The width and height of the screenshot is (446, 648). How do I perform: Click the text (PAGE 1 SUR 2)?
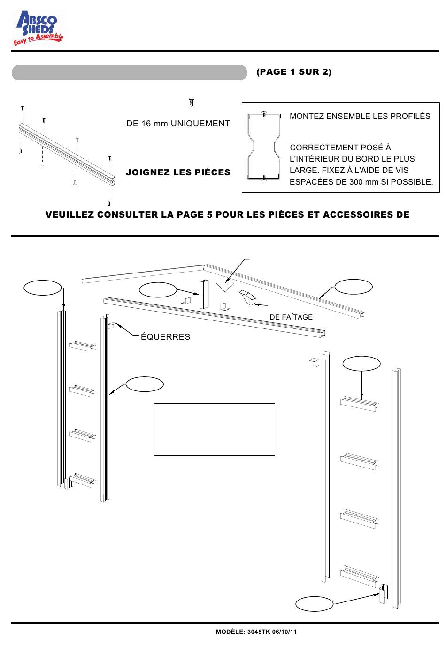[x=294, y=72]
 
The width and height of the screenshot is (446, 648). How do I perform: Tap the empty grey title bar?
[x=129, y=73]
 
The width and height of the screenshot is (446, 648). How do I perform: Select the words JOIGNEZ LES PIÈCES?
[x=178, y=172]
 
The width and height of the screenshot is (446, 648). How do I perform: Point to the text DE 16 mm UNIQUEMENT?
[x=178, y=124]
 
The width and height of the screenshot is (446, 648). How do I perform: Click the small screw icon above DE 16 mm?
[x=191, y=101]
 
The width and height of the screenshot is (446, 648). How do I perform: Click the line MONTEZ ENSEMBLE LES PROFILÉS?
[x=360, y=116]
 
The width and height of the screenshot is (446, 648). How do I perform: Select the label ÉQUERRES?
[x=165, y=337]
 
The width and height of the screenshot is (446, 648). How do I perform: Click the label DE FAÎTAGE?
[x=291, y=317]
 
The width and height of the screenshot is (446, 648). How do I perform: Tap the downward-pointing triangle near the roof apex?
[x=225, y=286]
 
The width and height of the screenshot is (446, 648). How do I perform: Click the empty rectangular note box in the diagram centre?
[x=214, y=429]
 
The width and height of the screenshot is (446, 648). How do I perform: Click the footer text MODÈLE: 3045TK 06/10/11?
[x=256, y=632]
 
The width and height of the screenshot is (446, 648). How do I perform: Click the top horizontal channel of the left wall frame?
[x=83, y=346]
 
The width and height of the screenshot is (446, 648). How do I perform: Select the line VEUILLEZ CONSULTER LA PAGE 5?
[x=227, y=215]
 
